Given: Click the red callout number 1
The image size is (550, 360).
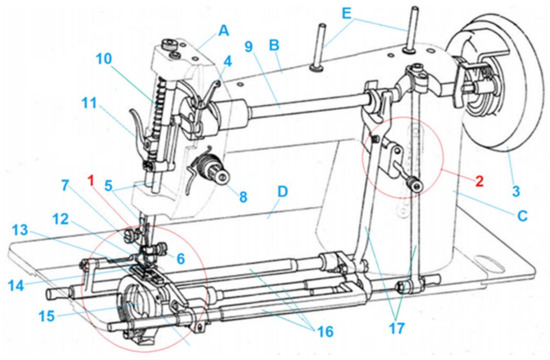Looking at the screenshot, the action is click(x=91, y=181).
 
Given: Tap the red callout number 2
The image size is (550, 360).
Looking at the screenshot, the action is click(x=479, y=181).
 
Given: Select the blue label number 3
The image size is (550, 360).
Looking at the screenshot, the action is click(x=516, y=191).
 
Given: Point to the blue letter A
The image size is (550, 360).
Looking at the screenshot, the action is click(x=224, y=31).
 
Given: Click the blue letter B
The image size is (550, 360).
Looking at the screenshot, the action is click(x=274, y=45).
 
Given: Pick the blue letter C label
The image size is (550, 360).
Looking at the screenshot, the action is click(x=523, y=216).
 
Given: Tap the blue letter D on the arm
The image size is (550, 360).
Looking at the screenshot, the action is click(x=282, y=192).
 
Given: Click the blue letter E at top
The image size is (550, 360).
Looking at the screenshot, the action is click(x=346, y=14).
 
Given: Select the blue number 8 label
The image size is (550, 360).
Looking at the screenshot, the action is click(x=243, y=196).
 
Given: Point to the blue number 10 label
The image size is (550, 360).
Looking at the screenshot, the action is click(x=104, y=59).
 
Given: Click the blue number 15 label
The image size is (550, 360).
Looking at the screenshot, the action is click(x=47, y=316).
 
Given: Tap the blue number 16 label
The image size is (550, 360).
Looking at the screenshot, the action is click(x=325, y=331).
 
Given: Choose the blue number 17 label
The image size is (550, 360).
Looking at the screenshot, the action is click(x=397, y=328).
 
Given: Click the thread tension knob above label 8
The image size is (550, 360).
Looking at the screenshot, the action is click(x=210, y=171).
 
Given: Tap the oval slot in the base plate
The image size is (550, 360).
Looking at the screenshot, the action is click(x=490, y=264).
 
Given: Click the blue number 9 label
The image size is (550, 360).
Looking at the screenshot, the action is click(x=249, y=47).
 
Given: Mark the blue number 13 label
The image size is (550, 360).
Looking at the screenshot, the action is click(x=20, y=230).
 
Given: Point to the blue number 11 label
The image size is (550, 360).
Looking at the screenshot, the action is click(x=89, y=103).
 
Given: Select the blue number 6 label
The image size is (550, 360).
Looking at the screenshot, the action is click(x=180, y=259).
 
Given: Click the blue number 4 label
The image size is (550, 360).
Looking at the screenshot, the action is click(x=228, y=61).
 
